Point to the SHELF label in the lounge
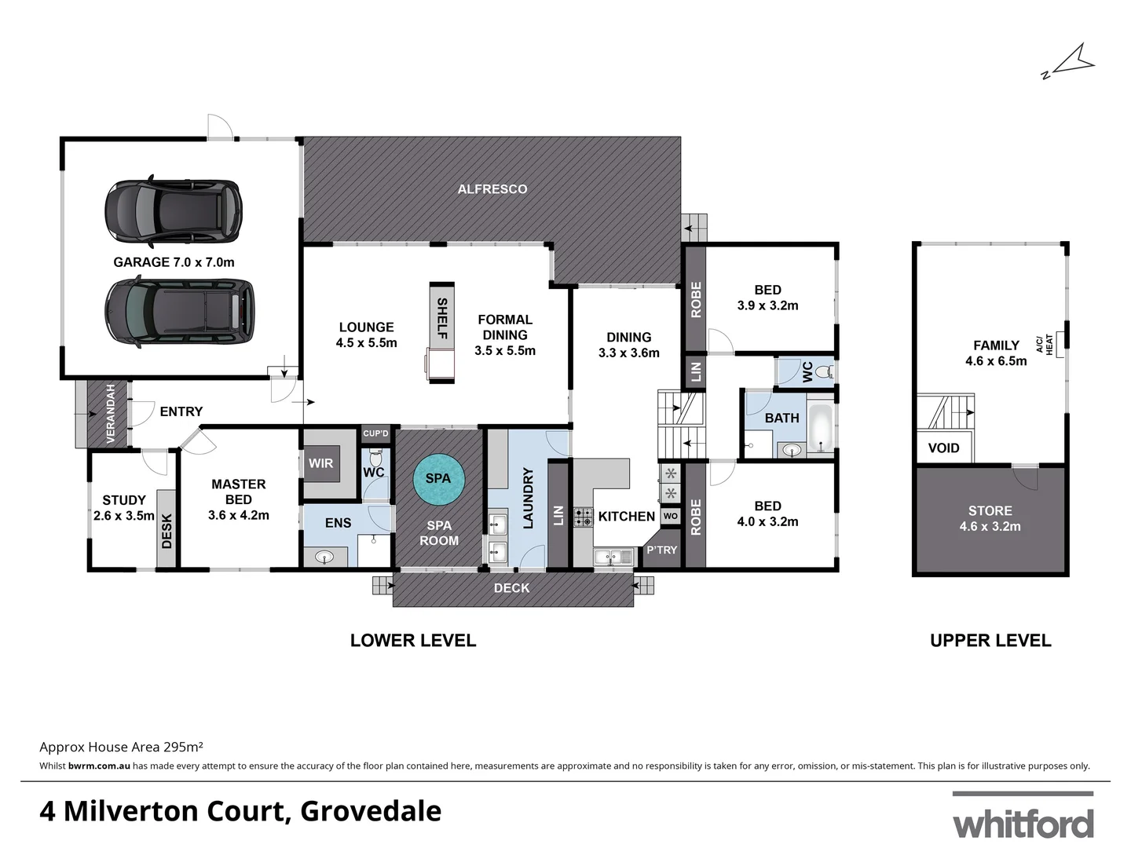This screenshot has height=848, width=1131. [x=441, y=317]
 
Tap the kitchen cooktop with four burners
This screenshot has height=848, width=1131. [x=584, y=517]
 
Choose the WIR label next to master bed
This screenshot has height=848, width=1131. [x=320, y=463]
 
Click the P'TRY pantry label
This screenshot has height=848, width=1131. [x=661, y=550]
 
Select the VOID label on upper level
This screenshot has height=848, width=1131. [x=943, y=448]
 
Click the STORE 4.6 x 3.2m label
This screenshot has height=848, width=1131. [x=990, y=518]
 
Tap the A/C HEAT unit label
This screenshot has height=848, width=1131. [x=1045, y=345]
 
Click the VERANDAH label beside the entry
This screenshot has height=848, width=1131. [x=110, y=414]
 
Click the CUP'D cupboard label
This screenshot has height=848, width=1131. [x=375, y=433]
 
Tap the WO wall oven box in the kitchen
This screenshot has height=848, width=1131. [x=670, y=516]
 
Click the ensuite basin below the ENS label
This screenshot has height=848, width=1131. [x=325, y=557]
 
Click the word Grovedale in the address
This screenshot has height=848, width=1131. [x=371, y=810]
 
